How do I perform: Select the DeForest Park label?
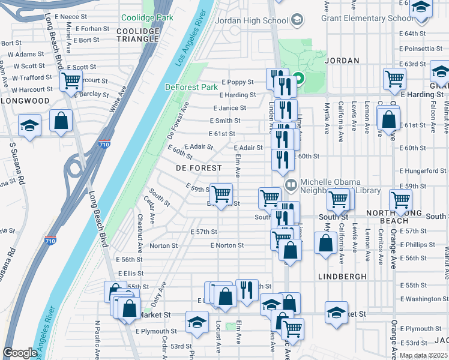[191, 87]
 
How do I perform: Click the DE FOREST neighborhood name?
[198, 169]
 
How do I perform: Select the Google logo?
[20, 353]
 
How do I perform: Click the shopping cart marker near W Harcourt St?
[71, 80]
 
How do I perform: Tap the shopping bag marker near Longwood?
[61, 120]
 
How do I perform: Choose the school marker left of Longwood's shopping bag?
[29, 125]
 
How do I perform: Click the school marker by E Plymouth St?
[197, 322]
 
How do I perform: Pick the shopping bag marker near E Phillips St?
[325, 243]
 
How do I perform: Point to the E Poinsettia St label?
[423, 49]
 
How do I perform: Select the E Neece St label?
[71, 17]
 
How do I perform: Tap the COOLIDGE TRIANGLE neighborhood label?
[138, 34]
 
